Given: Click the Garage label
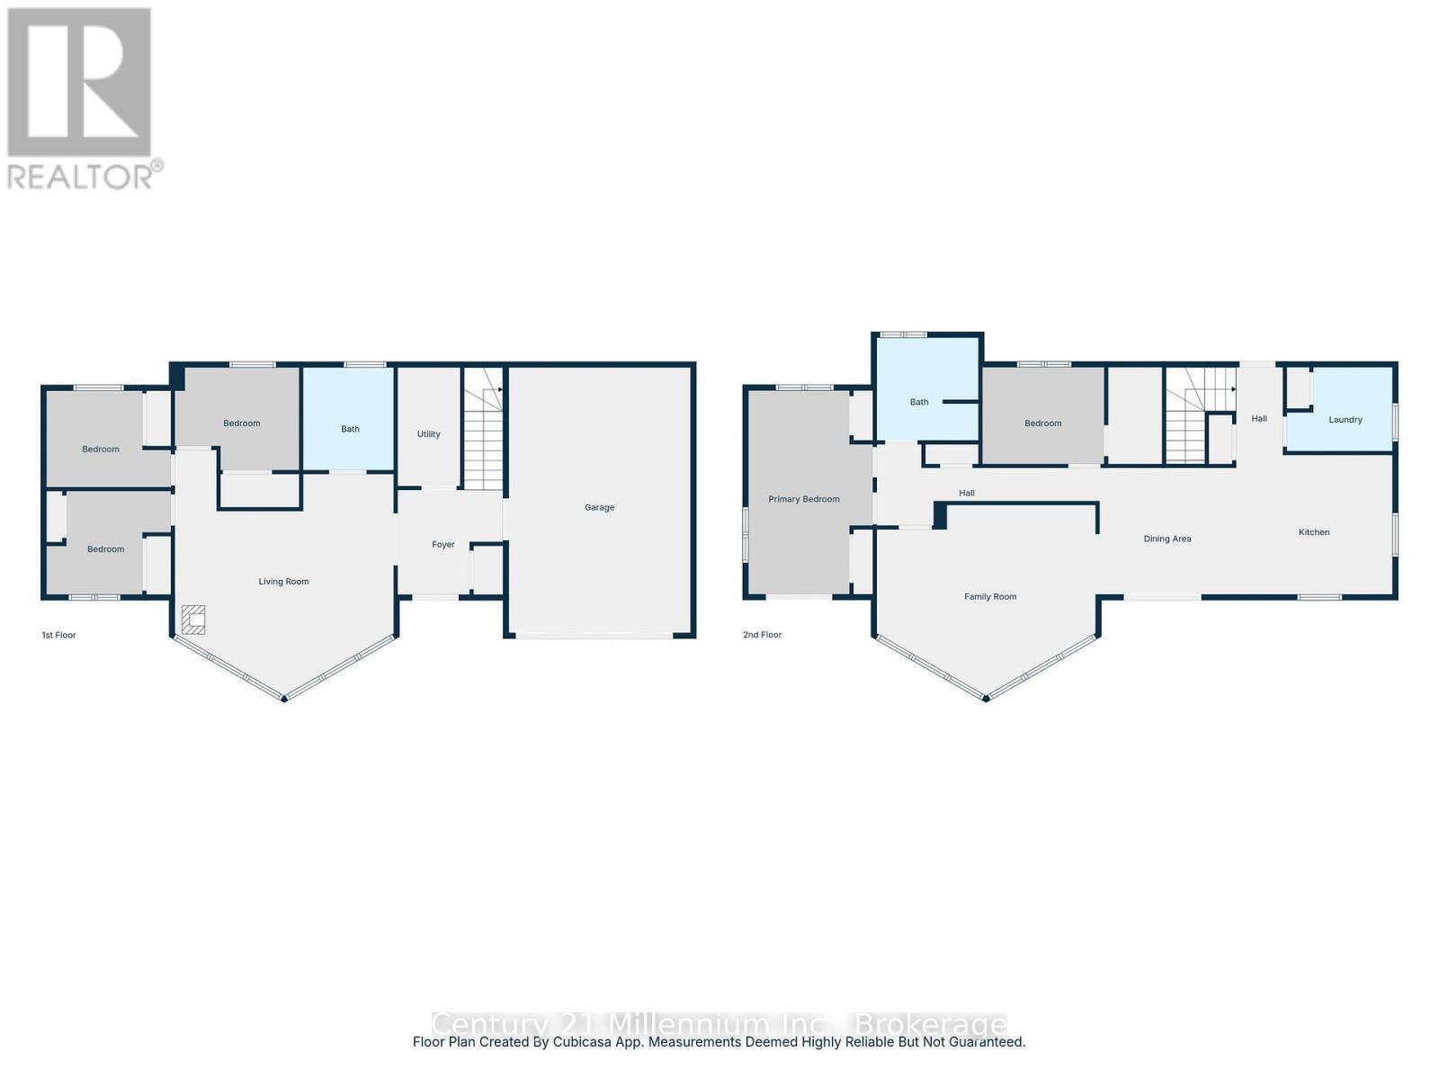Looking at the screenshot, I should point(599,507).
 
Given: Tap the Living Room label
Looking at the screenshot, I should point(283,582).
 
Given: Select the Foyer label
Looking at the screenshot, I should point(443,545).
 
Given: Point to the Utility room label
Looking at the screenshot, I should point(429,434).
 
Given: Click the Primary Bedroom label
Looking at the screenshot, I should point(803,499).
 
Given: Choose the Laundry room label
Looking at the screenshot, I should point(1345,420).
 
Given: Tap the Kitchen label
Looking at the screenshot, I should point(1314,532).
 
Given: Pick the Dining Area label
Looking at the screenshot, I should point(1167,539).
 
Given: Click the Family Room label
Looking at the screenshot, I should point(990,597).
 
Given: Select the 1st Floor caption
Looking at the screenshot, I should point(59,635).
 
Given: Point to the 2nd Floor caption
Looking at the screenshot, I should point(762,635).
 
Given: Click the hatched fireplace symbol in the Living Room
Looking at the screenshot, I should point(193,620).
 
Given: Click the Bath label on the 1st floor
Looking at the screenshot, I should point(350,429).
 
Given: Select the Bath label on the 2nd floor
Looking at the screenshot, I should point(919,402).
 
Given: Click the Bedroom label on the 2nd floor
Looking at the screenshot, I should point(1042,424).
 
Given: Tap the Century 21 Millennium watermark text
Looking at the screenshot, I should point(719,1024).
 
